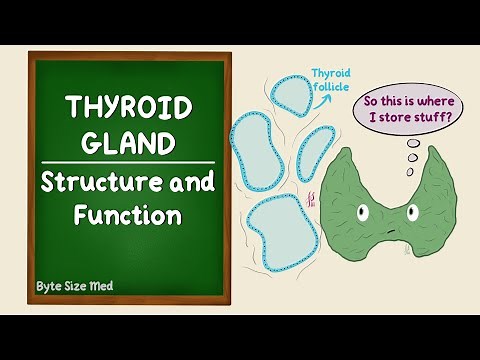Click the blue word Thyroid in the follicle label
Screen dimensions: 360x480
click(332, 74)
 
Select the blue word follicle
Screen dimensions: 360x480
click(333, 88)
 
